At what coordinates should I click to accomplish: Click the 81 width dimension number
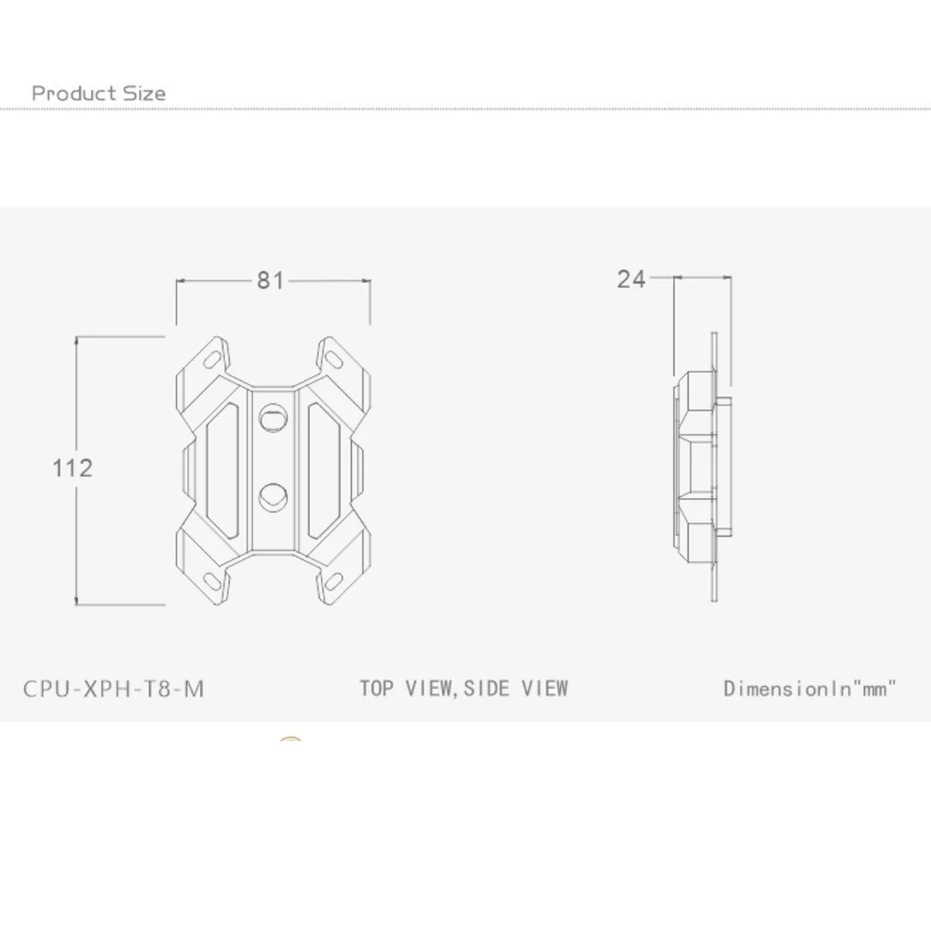[x=270, y=280]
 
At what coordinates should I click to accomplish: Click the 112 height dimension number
[x=73, y=468]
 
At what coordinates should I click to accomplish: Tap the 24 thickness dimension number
[x=630, y=279]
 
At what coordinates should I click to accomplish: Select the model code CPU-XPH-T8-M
[x=114, y=689]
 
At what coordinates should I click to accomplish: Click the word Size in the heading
[x=144, y=93]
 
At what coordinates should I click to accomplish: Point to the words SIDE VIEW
[x=516, y=688]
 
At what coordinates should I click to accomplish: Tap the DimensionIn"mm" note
[x=810, y=688]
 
